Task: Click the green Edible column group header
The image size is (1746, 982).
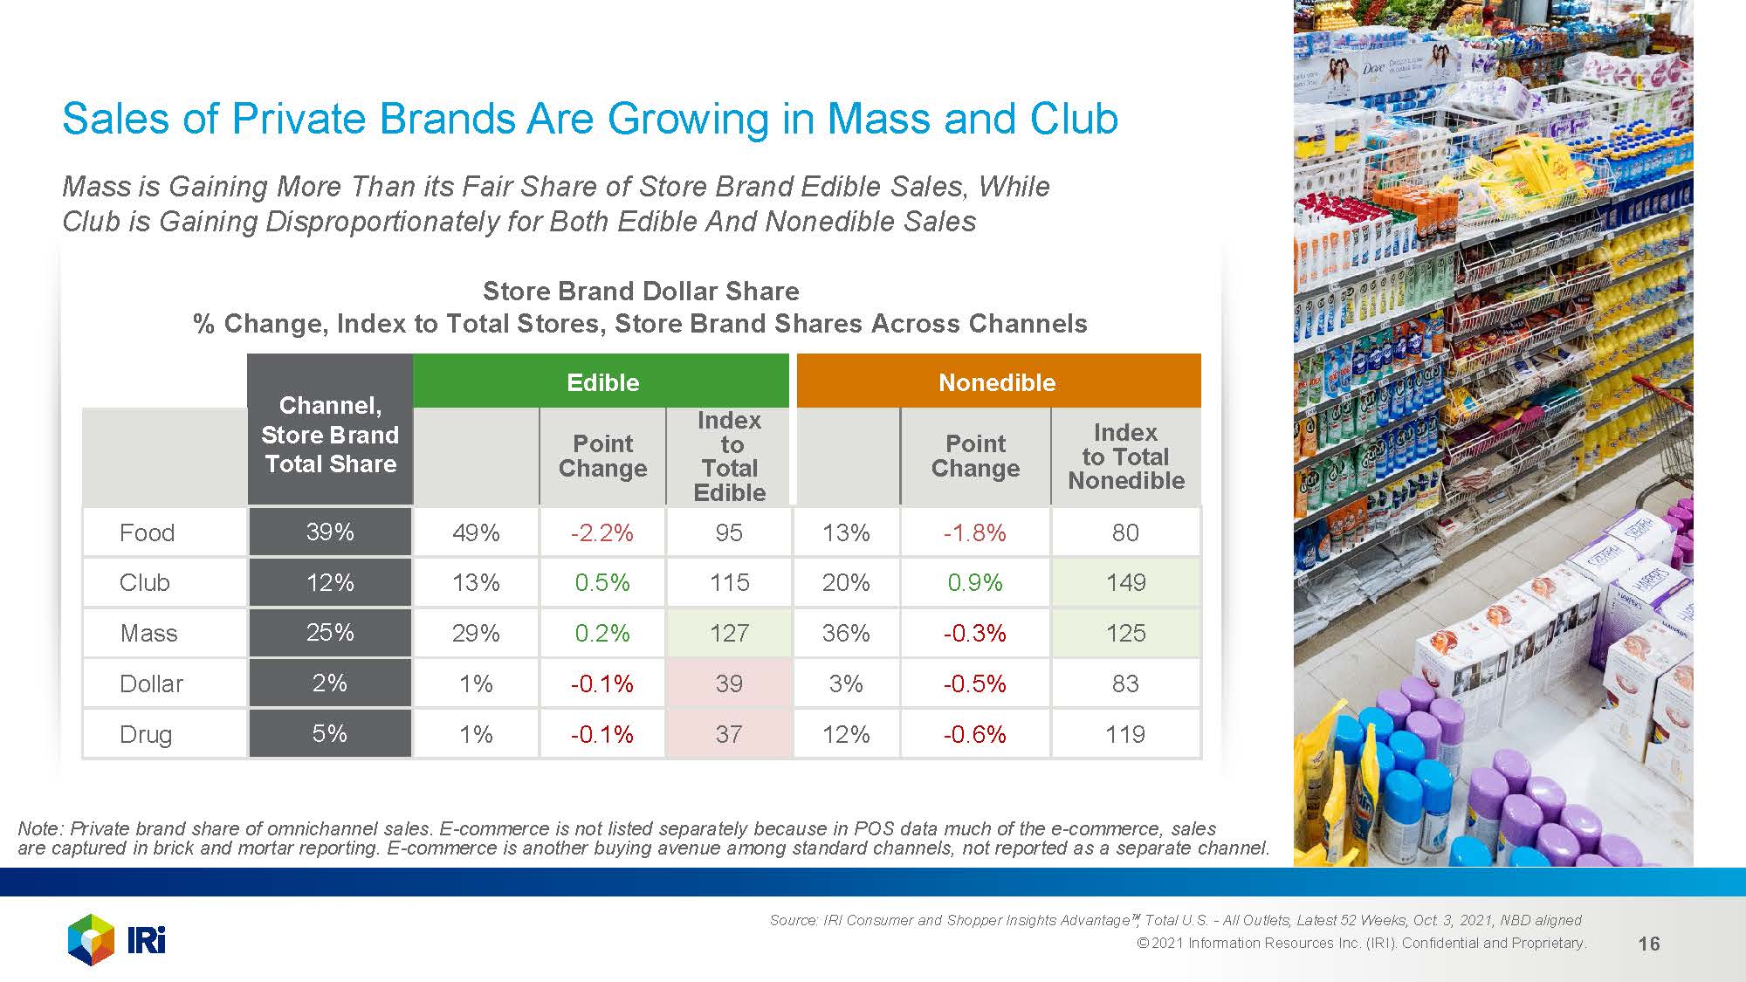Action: [x=601, y=382]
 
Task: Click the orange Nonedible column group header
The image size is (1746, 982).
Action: [x=997, y=382]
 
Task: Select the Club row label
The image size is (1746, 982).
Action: [x=145, y=582]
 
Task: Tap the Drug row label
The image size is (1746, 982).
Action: [x=146, y=734]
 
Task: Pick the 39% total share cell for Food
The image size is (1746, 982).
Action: [x=330, y=532]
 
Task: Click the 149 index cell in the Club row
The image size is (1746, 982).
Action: [x=1125, y=582]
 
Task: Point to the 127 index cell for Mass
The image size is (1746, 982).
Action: [x=729, y=633]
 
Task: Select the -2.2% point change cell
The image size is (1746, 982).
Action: [x=602, y=532]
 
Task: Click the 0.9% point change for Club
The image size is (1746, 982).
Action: [x=975, y=582]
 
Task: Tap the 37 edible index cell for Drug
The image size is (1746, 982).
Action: [x=729, y=734]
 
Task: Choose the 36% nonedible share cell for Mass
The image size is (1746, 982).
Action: [x=846, y=633]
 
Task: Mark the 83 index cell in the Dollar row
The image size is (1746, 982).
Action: [x=1125, y=683]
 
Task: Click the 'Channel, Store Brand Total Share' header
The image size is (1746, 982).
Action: [x=330, y=434]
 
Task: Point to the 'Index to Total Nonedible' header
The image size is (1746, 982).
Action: [x=1125, y=457]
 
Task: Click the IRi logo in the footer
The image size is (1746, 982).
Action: [x=117, y=940]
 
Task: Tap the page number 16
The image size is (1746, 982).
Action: [x=1649, y=944]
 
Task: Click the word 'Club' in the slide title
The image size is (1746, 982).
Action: [x=1074, y=119]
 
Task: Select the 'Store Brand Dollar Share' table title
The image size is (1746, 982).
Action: [x=641, y=291]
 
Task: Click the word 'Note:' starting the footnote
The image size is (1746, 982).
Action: [x=40, y=828]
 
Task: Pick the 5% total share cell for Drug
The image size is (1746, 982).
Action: [x=330, y=733]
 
